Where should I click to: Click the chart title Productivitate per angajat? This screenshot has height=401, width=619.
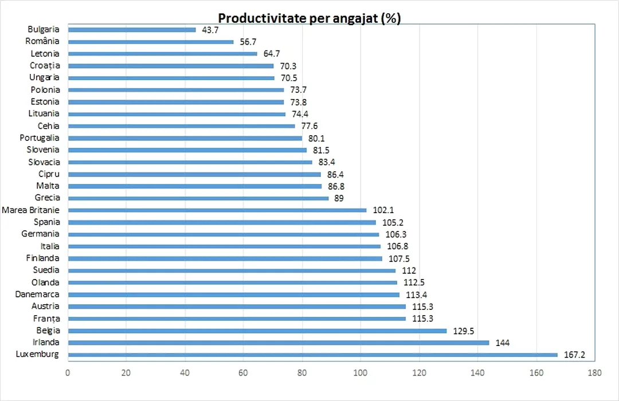tap(309, 18)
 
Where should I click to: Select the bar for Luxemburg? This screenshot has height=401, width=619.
tap(312, 355)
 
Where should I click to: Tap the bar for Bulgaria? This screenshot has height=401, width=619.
tap(132, 30)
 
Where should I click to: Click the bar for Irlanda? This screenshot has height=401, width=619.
tap(279, 343)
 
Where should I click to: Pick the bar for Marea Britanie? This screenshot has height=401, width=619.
tap(217, 210)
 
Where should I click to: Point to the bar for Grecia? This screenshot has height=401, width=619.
tap(198, 198)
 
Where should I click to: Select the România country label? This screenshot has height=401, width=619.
tap(42, 41)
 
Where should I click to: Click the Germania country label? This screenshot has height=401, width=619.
tap(40, 234)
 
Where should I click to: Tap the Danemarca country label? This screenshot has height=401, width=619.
tap(37, 294)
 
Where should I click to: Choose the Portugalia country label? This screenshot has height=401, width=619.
tap(40, 138)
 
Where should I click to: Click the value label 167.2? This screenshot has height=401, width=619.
tap(574, 355)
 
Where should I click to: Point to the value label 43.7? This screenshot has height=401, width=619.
tap(210, 30)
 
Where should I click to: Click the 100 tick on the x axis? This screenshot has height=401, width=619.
tap(361, 372)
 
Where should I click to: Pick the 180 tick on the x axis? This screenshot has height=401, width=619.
tap(594, 372)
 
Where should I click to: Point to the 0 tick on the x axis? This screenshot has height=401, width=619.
tap(68, 372)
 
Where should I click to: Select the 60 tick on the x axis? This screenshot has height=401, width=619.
tap(243, 372)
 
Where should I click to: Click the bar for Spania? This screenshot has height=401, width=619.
tap(222, 222)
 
